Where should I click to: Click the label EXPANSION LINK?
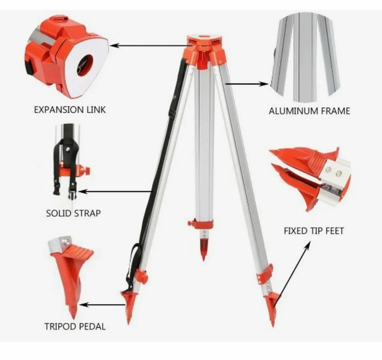click(x=70, y=110)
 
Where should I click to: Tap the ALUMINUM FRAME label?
click(x=309, y=111)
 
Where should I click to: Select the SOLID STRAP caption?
click(x=73, y=213)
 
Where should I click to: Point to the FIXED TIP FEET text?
click(x=314, y=231)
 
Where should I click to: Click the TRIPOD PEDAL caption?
click(x=75, y=326)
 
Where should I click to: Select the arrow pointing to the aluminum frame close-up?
click(x=247, y=84)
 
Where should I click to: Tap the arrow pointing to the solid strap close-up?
click(x=115, y=191)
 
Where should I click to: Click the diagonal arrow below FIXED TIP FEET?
click(x=293, y=270)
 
